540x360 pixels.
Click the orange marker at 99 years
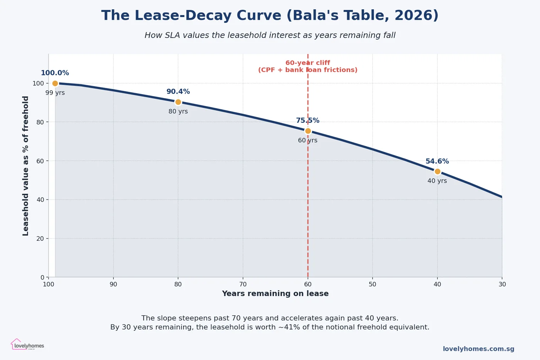55,83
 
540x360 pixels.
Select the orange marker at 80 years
178,102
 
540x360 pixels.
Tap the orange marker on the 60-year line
308,131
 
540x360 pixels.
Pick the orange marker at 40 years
437,172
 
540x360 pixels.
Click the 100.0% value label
55,73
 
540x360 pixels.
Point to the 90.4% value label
178,92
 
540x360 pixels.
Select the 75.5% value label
307,121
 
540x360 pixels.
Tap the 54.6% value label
437,162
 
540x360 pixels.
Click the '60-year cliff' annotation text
307,63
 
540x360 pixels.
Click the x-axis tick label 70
243,284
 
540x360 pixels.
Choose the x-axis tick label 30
502,284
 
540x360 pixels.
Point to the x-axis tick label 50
372,284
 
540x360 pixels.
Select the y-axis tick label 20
40,238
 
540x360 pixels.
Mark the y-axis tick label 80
40,122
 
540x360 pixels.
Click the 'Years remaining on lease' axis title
275,294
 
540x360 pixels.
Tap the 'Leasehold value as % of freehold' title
26,166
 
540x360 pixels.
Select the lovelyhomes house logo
16,344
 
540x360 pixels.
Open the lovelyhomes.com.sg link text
478,349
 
